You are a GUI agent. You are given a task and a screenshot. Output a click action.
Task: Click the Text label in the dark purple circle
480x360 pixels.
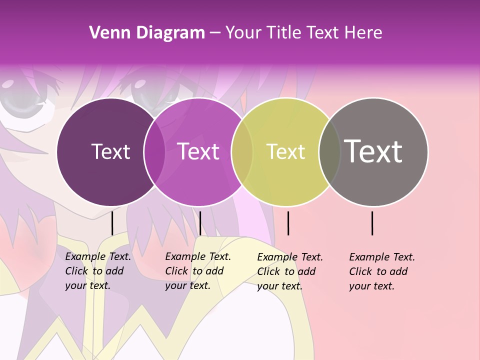pos(110,151)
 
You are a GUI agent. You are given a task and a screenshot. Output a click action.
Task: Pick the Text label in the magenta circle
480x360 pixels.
pos(198,151)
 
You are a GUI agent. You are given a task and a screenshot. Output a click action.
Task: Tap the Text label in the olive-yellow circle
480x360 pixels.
pos(285,152)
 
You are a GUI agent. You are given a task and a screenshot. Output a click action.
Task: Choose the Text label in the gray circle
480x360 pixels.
pos(373,151)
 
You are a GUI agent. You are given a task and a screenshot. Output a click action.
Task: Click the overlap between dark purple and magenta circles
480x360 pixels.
pos(154,152)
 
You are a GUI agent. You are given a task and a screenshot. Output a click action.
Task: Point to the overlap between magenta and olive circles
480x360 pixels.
pos(242,152)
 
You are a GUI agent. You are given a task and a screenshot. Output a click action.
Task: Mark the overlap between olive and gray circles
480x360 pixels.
pos(329,152)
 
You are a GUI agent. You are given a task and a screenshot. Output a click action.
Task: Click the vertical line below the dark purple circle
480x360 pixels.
pos(112,223)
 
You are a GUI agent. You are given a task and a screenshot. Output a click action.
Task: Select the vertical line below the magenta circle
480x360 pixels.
pos(200,223)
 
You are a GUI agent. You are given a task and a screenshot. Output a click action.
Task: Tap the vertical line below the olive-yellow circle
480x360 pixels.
pos(288,223)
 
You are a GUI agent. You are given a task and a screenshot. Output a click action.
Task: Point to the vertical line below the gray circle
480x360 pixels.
pos(372,223)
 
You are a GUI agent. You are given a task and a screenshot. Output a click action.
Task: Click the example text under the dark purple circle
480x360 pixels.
pos(97,271)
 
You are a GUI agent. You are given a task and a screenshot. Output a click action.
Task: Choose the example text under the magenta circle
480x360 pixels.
pos(197,271)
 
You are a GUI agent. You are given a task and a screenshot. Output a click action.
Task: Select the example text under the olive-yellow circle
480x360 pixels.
pos(289,271)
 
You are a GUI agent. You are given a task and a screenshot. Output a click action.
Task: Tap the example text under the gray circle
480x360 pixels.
pos(381,271)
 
